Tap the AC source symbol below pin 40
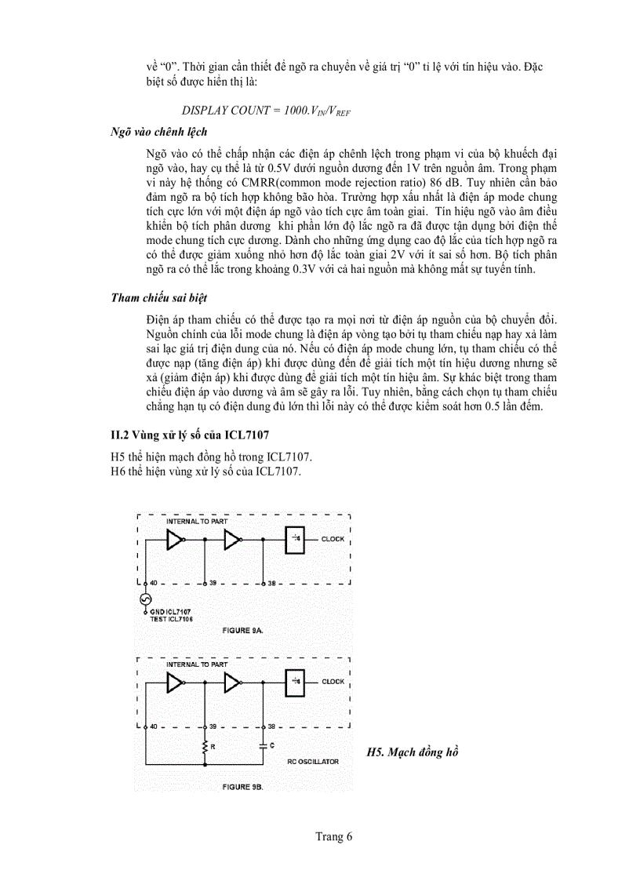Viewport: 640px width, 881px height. [144, 600]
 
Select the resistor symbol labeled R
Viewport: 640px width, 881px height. [205, 746]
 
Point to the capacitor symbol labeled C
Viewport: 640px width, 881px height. [263, 746]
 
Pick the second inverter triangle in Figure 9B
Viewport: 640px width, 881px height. [232, 683]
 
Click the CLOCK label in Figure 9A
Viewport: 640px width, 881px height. [333, 540]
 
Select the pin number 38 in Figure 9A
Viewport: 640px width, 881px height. [271, 584]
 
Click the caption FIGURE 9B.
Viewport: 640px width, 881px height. [242, 785]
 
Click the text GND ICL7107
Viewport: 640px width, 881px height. [170, 611]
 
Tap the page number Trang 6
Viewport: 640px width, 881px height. [334, 836]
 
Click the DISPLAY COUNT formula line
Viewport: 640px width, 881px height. [266, 111]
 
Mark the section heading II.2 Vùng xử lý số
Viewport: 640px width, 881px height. [192, 434]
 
